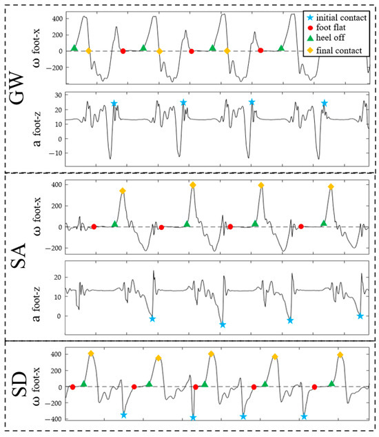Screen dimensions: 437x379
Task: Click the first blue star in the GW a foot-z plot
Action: click(x=114, y=104)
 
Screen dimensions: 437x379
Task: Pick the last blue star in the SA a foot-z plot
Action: click(x=360, y=315)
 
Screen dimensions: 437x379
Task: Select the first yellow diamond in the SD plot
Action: click(x=91, y=353)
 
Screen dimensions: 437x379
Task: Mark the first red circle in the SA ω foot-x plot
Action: click(x=94, y=226)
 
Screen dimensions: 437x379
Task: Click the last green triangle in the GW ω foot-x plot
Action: click(x=281, y=48)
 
